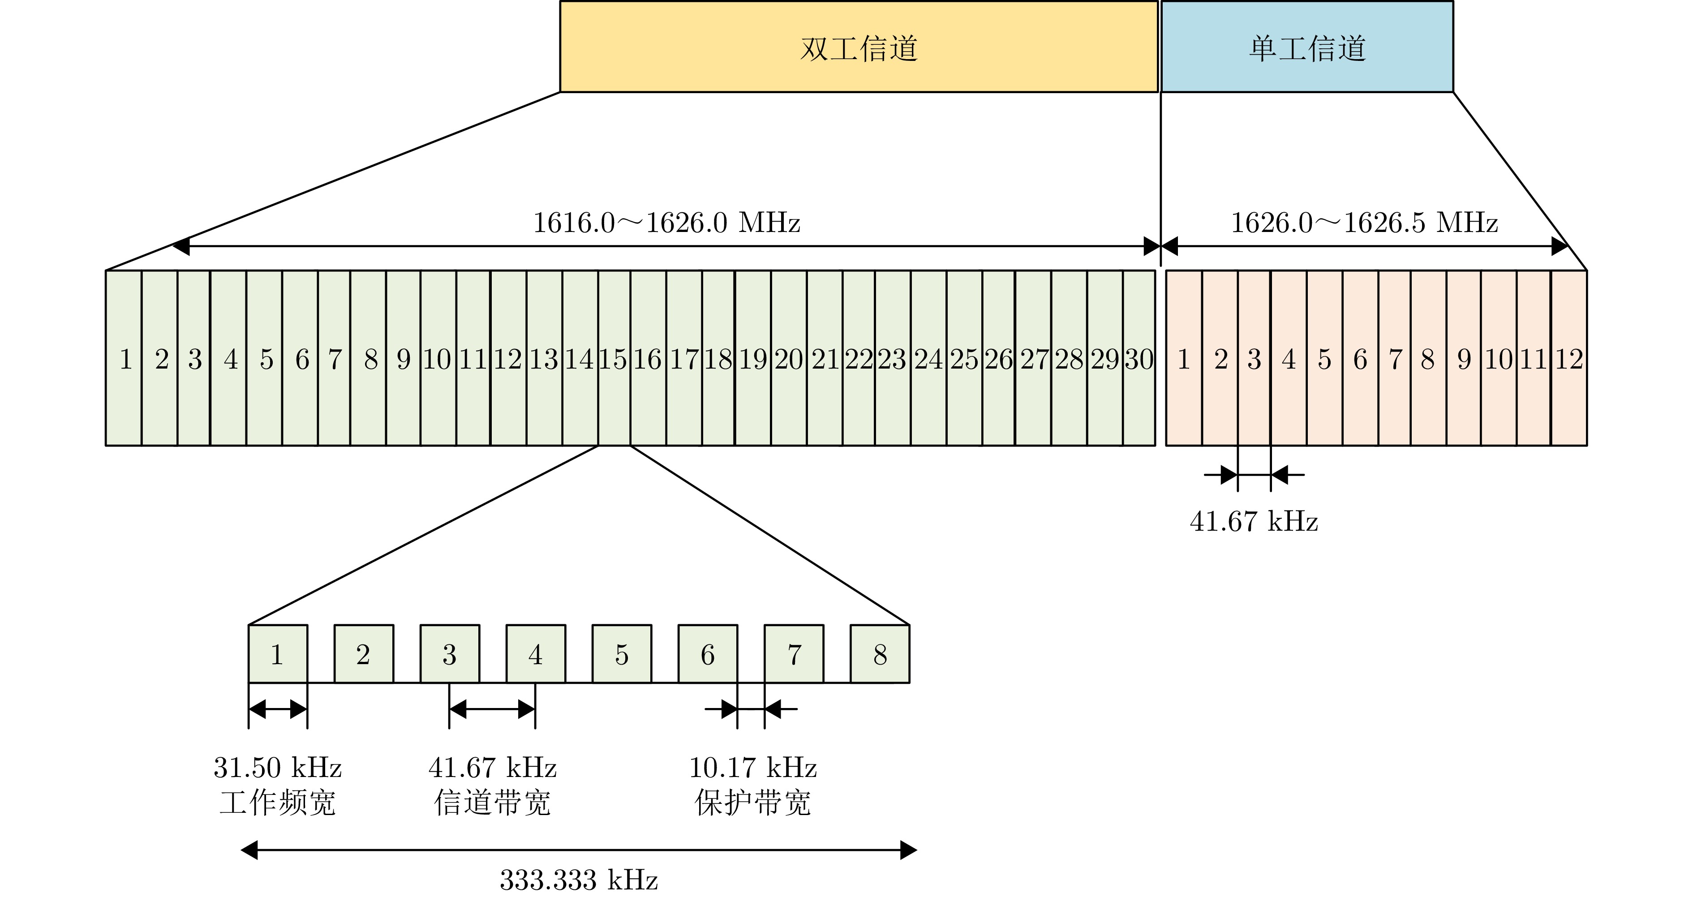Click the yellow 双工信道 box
tap(858, 47)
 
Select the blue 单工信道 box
tap(1306, 47)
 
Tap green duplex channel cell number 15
tap(614, 359)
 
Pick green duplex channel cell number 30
tap(1139, 359)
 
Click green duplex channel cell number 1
tap(124, 359)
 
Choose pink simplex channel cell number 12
tap(1569, 359)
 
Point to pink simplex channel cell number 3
tap(1254, 359)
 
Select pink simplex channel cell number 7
tap(1395, 359)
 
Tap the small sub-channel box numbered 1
tap(277, 654)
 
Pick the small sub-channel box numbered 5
tap(622, 654)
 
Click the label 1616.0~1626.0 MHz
tap(666, 223)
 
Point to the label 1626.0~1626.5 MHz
tap(1364, 223)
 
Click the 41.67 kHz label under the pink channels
tap(1253, 522)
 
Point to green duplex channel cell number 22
tap(858, 359)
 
